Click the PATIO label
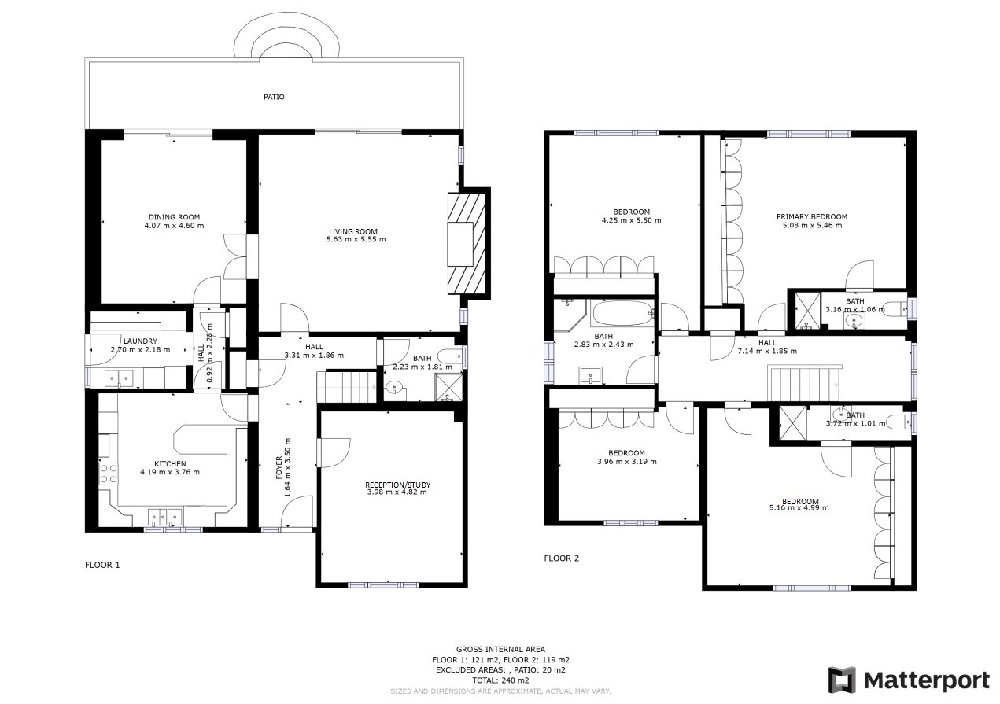(x=274, y=97)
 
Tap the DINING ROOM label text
(x=174, y=217)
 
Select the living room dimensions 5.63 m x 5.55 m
(x=356, y=239)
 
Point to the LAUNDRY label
(x=128, y=341)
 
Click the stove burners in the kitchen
(x=108, y=473)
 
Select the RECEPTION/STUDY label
(x=397, y=485)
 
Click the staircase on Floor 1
(x=347, y=387)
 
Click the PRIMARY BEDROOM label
(x=811, y=217)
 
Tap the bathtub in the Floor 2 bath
(x=622, y=315)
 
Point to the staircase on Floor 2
(x=804, y=384)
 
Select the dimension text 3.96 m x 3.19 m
(x=626, y=462)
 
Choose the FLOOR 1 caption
(x=102, y=565)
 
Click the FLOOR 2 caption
(x=562, y=558)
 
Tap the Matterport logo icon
(x=842, y=680)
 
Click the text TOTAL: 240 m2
(x=500, y=680)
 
